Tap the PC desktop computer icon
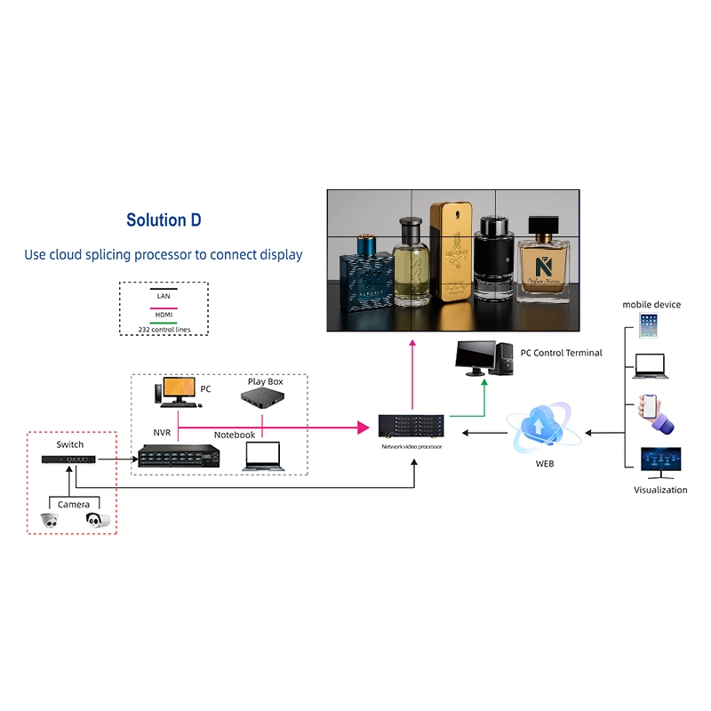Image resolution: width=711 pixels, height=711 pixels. click(178, 391)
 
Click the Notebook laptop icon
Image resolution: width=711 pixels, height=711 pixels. click(262, 454)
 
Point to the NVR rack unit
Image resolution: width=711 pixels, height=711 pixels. click(177, 455)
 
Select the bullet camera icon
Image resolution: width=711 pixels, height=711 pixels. click(98, 520)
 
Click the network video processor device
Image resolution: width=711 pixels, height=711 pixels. click(411, 427)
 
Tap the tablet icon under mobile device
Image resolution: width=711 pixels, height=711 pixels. click(647, 325)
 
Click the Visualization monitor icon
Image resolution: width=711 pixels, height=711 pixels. click(660, 463)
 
